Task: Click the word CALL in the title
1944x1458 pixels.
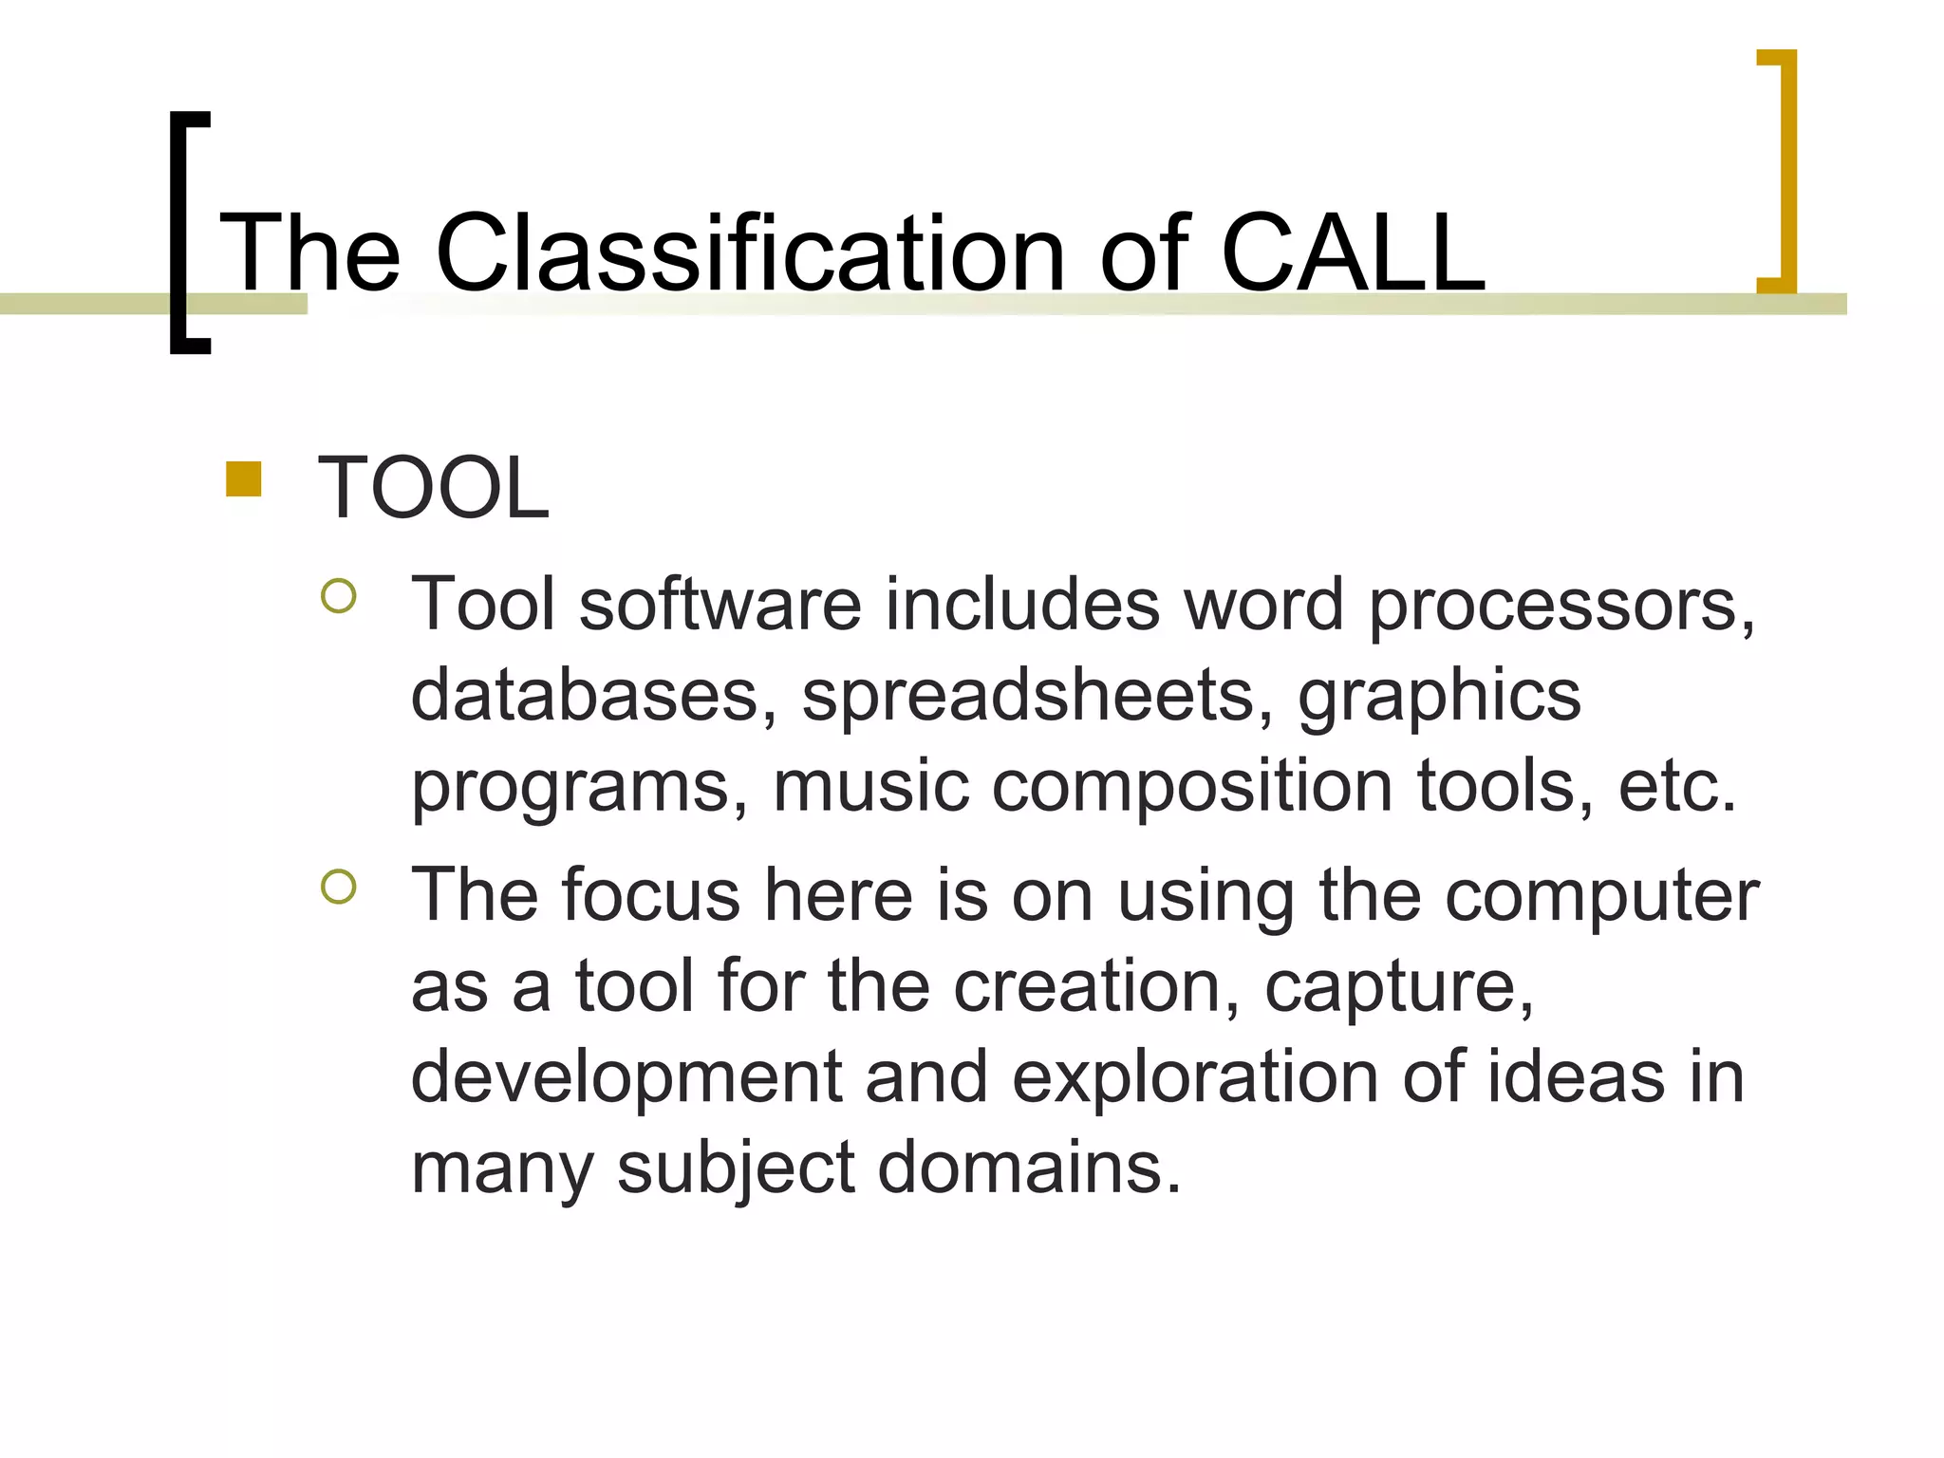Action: click(x=1352, y=253)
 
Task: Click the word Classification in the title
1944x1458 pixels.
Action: click(x=750, y=253)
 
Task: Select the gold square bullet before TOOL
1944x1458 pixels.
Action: click(x=244, y=479)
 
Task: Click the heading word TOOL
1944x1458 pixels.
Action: click(x=433, y=489)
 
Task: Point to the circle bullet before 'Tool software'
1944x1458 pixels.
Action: click(x=339, y=596)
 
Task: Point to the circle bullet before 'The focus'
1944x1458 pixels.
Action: click(x=339, y=887)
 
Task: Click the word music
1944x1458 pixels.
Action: click(x=870, y=787)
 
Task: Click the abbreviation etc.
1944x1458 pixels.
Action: click(x=1676, y=787)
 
